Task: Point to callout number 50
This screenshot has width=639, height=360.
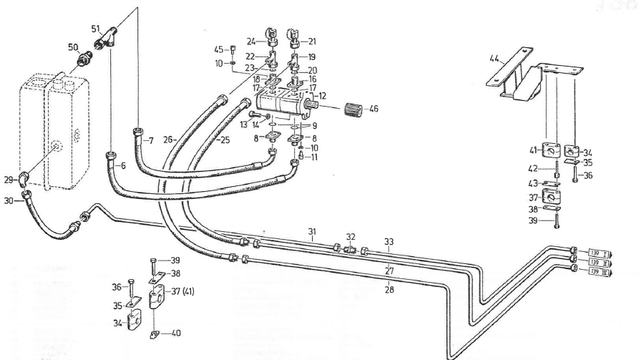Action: coord(72,47)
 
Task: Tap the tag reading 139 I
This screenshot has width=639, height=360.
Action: coord(598,253)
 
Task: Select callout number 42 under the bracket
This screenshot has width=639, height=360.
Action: coord(532,169)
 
